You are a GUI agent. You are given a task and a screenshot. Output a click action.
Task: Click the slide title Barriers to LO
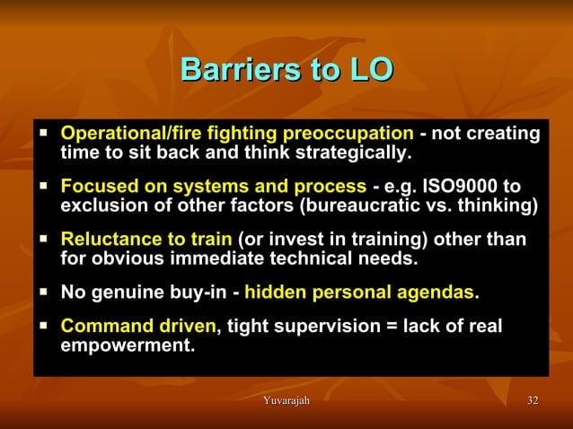coord(286,70)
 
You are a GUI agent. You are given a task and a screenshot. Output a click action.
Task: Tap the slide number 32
coord(533,399)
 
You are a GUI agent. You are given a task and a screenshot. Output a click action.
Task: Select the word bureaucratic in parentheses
coord(364,206)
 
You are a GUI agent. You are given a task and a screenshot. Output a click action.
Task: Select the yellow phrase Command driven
coord(137,326)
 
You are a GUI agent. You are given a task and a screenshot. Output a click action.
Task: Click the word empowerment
coord(127,345)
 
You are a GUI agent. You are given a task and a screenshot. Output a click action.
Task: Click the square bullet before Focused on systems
coord(43,187)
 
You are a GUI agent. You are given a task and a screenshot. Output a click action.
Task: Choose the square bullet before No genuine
coord(43,293)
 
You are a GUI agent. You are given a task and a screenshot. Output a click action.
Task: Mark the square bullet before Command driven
coord(43,326)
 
